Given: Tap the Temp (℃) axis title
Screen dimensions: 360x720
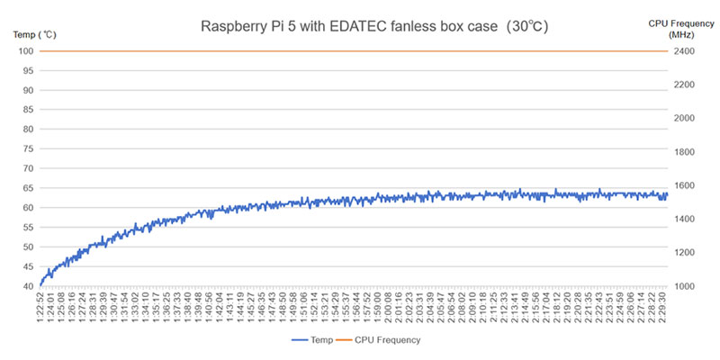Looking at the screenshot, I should (34, 34).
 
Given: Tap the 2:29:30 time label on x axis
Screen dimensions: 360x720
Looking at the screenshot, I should (662, 306).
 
